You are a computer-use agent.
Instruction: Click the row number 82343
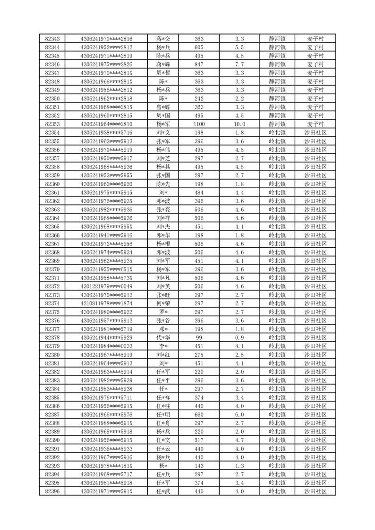(52, 39)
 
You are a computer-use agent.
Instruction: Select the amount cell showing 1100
(199, 124)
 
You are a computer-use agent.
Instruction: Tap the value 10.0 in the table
(239, 124)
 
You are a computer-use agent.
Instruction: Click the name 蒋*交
(163, 39)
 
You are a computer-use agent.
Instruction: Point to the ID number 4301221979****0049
(106, 287)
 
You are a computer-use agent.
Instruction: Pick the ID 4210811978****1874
(106, 304)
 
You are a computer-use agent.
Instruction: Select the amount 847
(199, 64)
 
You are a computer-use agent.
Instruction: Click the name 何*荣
(163, 304)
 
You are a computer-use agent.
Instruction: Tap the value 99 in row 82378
(199, 338)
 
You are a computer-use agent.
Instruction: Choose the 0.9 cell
(239, 338)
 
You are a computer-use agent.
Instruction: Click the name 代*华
(163, 338)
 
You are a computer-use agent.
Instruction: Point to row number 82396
(52, 492)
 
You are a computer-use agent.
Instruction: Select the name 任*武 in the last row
(163, 492)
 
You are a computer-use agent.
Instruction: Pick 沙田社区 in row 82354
(315, 133)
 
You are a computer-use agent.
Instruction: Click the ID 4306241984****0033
(106, 346)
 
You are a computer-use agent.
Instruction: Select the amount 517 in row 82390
(199, 440)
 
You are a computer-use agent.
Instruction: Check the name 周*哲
(163, 73)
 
